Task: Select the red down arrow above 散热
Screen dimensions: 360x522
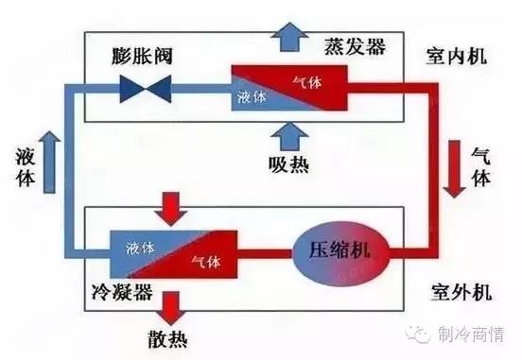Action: (x=174, y=303)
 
